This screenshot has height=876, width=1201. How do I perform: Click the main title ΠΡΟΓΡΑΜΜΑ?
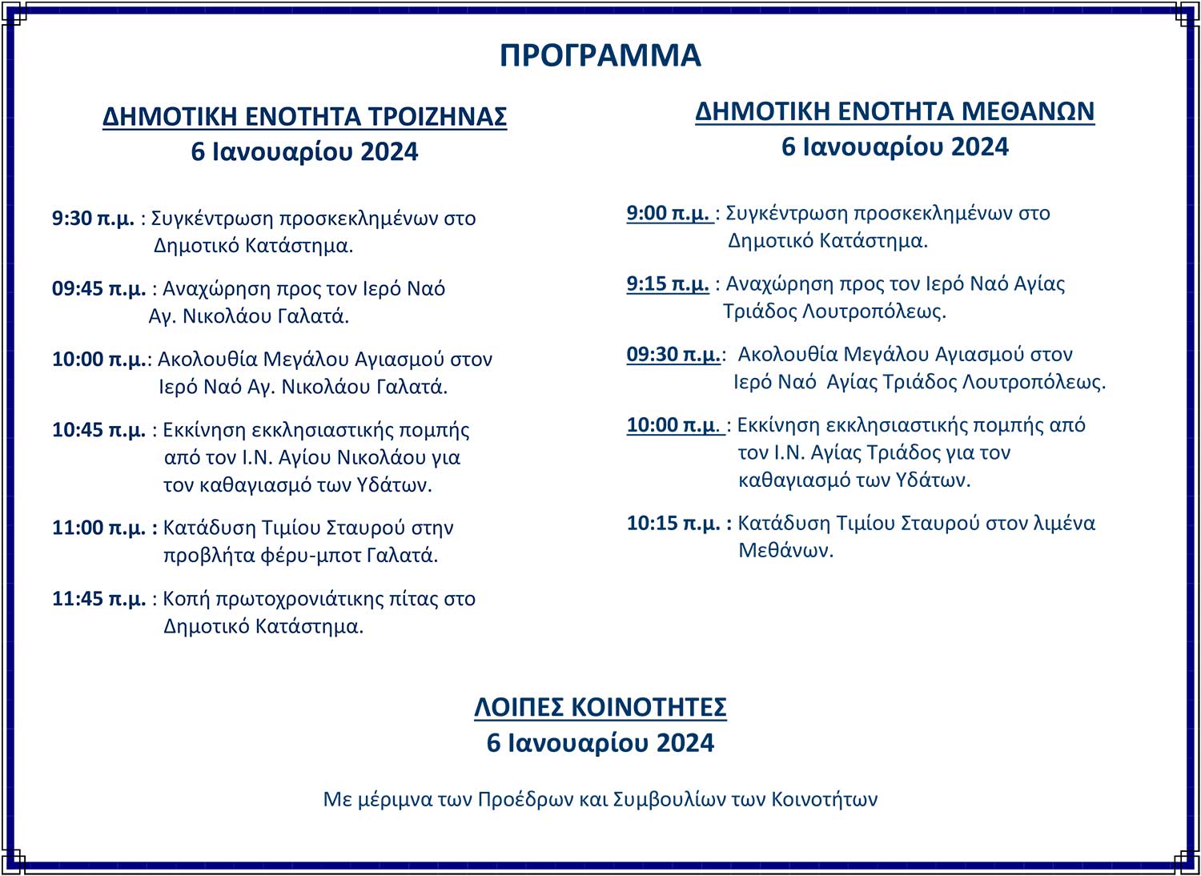[600, 55]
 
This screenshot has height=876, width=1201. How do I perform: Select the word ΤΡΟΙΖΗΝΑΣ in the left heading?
[437, 117]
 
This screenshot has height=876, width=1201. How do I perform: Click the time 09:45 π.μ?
[98, 288]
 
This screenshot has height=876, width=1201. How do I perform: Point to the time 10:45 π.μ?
[98, 430]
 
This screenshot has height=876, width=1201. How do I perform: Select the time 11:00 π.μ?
[98, 528]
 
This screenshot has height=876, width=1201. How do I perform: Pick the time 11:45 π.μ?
[98, 599]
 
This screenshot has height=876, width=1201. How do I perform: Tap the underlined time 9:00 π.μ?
[668, 213]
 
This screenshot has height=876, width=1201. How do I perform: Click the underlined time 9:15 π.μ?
[668, 283]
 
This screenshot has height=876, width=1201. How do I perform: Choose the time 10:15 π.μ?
[673, 523]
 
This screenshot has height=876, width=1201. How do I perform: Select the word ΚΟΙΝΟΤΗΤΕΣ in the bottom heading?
[649, 708]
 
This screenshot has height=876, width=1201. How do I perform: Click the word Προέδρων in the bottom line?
[520, 799]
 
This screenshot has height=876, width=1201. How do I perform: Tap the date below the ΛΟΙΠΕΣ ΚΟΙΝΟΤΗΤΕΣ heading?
[600, 743]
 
